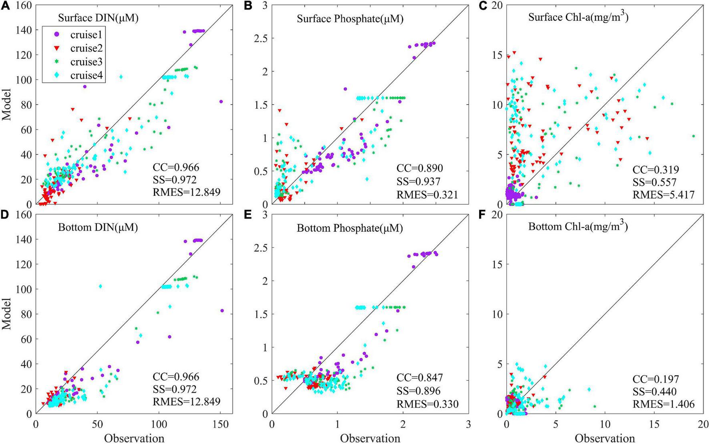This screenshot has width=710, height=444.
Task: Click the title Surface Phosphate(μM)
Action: tap(350, 19)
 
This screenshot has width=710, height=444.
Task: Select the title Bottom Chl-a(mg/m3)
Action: tap(578, 227)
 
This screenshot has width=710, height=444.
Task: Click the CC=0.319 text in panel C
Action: tap(656, 169)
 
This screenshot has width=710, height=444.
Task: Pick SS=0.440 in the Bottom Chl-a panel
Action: tap(654, 391)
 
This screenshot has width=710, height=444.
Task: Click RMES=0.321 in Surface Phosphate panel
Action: tap(427, 195)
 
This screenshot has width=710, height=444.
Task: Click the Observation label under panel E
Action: tap(370, 438)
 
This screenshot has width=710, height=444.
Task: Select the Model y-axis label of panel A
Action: tap(7, 105)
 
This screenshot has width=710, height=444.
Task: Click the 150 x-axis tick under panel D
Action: tap(220, 424)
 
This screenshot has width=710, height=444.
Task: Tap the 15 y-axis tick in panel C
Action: tap(497, 55)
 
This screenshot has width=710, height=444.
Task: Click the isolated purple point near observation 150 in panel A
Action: tap(221, 102)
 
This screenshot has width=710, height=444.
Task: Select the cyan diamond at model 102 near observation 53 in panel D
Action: tap(101, 286)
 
